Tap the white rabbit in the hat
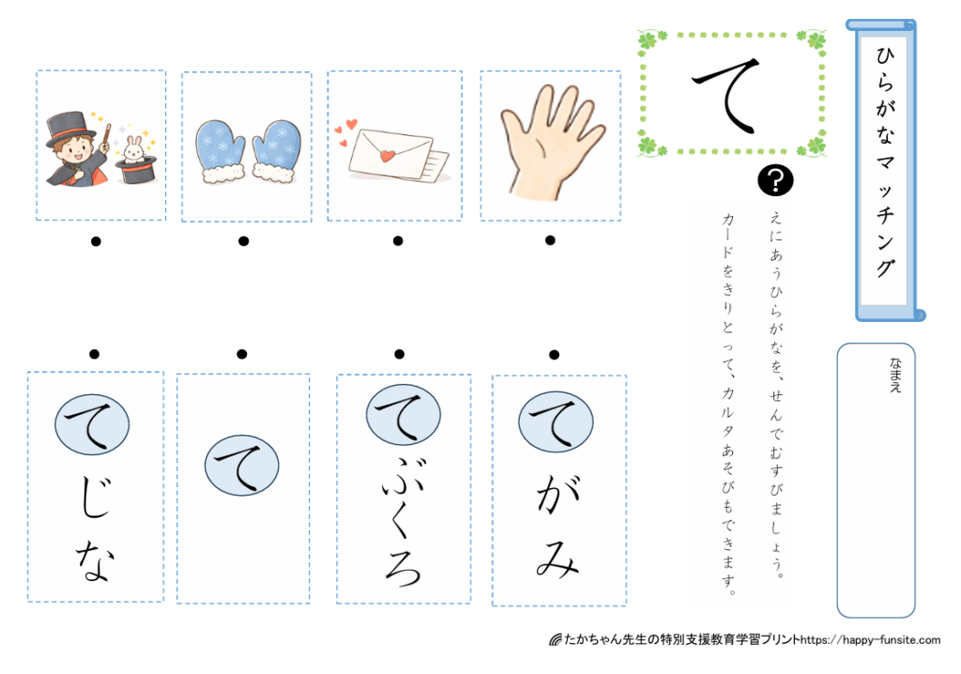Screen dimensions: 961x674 coord(134,149)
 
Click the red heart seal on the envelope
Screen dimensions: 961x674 coord(388,155)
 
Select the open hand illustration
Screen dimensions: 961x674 coord(551,142)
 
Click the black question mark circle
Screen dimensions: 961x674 coord(775,181)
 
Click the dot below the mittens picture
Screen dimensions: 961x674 coord(244,241)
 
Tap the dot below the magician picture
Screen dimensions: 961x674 coord(96,241)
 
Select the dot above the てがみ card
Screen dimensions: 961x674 coord(554,355)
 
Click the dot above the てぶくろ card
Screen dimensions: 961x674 coord(399,354)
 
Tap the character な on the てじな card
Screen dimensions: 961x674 coord(94,560)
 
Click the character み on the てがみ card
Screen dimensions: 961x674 coord(557,559)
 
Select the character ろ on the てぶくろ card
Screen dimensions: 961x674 coord(403,567)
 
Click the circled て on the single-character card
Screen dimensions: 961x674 coord(241,465)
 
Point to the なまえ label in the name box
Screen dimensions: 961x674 coord(895,375)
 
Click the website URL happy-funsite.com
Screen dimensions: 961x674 coord(870,639)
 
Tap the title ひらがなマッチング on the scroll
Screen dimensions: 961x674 coord(885,161)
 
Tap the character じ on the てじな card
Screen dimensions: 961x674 coord(97,496)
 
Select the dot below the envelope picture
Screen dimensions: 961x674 coord(398,241)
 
